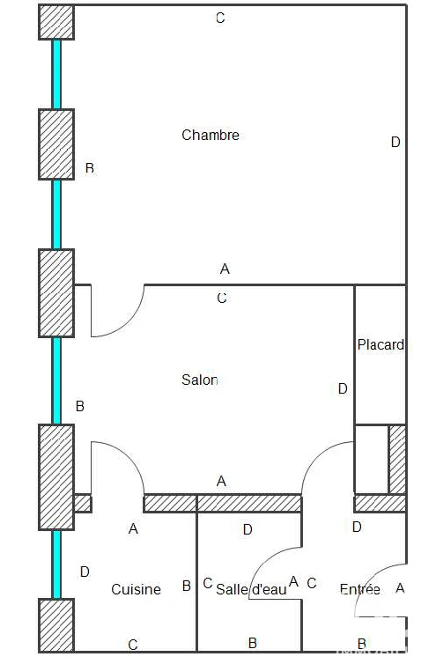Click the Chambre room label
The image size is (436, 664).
pyautogui.click(x=211, y=135)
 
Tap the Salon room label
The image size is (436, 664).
pyautogui.click(x=200, y=380)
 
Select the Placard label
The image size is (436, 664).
pyautogui.click(x=381, y=344)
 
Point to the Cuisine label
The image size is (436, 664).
pyautogui.click(x=136, y=589)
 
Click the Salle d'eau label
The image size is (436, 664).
pyautogui.click(x=251, y=589)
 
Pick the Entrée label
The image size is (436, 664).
pyautogui.click(x=359, y=589)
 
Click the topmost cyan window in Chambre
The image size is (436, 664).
pyautogui.click(x=56, y=74)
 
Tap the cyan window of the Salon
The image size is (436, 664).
pyautogui.click(x=56, y=380)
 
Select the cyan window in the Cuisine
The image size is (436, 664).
pyautogui.click(x=56, y=564)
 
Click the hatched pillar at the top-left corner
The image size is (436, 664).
pyautogui.click(x=56, y=22)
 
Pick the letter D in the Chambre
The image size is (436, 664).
pyautogui.click(x=395, y=143)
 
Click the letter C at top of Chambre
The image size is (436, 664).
pyautogui.click(x=220, y=18)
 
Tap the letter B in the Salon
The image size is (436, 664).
pyautogui.click(x=79, y=406)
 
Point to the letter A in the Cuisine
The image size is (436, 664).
pyautogui.click(x=134, y=528)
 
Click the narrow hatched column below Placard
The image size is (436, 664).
pyautogui.click(x=397, y=460)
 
